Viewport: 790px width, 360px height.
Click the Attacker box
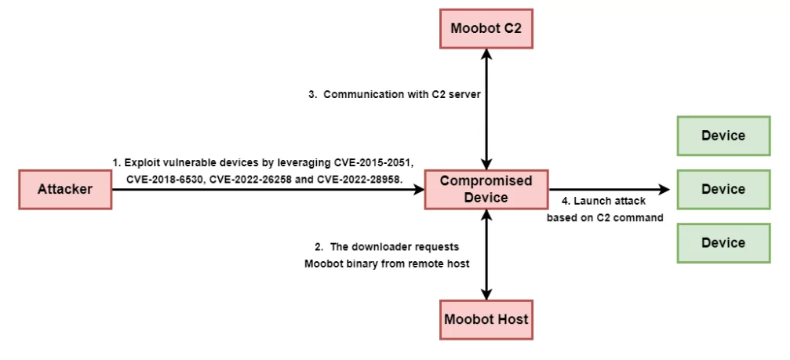click(65, 189)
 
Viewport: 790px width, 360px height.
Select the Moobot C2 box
click(486, 29)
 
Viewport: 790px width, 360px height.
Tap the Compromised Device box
click(486, 189)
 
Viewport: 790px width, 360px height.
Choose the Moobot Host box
click(486, 320)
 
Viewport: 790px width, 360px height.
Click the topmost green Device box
click(723, 136)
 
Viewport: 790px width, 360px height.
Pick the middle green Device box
click(723, 189)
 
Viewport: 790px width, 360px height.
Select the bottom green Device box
click(723, 243)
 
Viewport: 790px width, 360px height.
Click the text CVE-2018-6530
click(166, 179)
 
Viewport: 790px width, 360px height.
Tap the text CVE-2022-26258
click(250, 179)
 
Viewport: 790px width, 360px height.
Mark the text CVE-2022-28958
click(360, 179)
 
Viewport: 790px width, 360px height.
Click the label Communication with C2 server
click(402, 95)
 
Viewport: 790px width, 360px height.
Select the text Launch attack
click(610, 202)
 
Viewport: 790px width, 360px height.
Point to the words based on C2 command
click(605, 218)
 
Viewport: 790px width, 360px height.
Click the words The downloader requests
click(395, 247)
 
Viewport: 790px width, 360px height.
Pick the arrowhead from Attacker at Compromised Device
click(419, 189)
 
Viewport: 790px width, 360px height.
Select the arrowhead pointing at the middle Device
click(664, 189)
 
